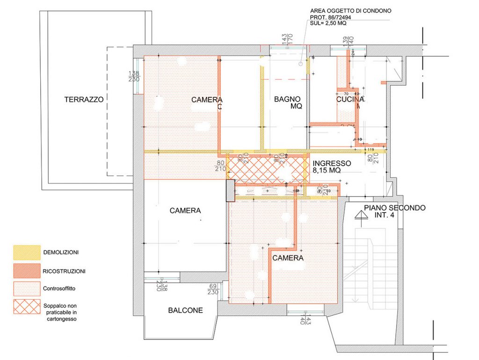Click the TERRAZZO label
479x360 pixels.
point(84,99)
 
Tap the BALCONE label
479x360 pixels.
point(185,310)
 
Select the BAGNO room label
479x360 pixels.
point(287,99)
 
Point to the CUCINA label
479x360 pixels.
point(350,99)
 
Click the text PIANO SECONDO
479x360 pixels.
point(395,208)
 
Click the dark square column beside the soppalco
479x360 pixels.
point(230,191)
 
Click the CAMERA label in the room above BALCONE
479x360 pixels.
point(185,211)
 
